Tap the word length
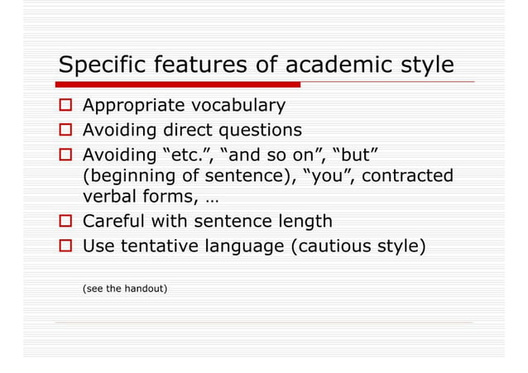coord(303,222)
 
